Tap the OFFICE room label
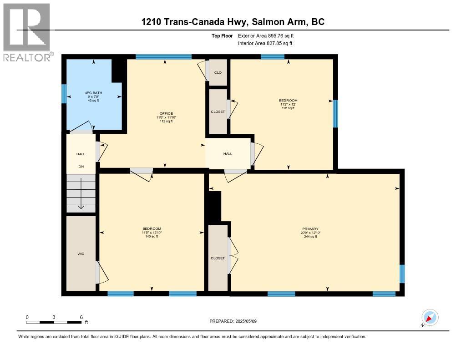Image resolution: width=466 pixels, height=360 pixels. coord(166,113)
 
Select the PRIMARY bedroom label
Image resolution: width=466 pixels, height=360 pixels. coord(310,229)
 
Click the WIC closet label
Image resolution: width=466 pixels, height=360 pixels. coord(81,254)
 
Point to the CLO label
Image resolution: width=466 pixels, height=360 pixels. coord(218,72)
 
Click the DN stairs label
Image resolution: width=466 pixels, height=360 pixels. coord(81,167)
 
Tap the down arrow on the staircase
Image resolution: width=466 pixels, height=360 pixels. coord(81,194)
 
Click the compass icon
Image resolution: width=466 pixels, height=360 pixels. coord(430,317)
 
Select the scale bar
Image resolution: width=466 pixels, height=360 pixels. coord(54,322)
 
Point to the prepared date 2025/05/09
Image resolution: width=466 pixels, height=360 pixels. coord(233,321)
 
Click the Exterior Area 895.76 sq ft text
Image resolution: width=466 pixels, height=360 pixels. coord(268,35)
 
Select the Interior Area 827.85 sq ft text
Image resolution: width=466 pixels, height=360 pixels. coord(265,43)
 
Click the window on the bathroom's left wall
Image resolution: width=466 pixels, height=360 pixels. coord(64,94)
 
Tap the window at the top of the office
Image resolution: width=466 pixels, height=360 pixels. coord(163,57)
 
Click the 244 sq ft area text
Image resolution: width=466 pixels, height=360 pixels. coord(310,237)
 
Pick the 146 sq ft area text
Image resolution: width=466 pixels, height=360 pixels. coord(152,236)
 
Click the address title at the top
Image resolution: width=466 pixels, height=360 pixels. coord(233,22)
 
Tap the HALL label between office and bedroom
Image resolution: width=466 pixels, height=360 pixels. coord(228,154)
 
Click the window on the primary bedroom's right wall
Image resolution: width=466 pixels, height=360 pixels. coord(402,274)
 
